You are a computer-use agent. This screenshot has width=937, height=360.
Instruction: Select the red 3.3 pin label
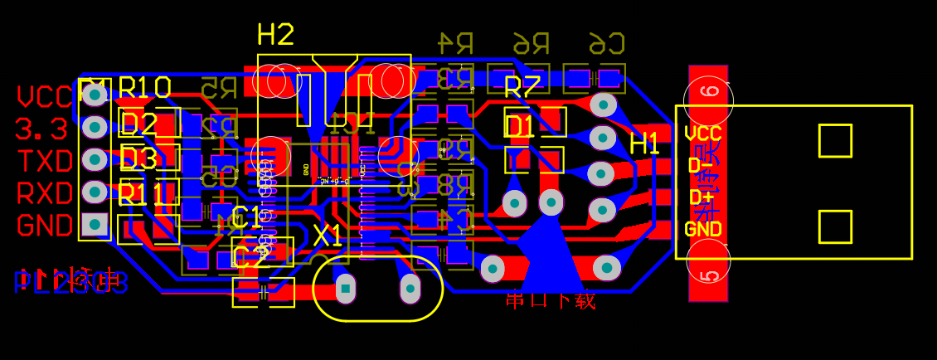click(41, 129)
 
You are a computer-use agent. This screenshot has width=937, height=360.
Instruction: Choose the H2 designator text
click(275, 35)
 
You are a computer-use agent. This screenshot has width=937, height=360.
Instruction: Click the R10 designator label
click(145, 87)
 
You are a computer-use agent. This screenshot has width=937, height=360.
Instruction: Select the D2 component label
click(138, 124)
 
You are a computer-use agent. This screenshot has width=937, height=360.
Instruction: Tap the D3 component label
click(138, 158)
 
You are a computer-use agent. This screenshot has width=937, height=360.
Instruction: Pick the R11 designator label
click(141, 194)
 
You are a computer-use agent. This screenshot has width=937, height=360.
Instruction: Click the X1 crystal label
click(328, 236)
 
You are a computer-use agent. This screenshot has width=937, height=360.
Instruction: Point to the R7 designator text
click(522, 86)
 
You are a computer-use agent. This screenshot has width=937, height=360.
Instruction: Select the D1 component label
click(520, 126)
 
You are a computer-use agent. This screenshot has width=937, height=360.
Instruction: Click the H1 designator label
click(644, 144)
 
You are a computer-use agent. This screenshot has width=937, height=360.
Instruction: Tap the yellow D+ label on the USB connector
click(701, 197)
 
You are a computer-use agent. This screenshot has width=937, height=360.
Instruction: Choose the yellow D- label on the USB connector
click(701, 165)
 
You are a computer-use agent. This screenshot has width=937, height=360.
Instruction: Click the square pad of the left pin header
click(95, 223)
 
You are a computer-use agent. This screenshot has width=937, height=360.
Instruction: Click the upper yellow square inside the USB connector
click(835, 141)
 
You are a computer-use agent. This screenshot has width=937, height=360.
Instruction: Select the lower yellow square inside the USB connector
click(835, 226)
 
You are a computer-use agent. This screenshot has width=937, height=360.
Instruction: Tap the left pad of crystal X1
click(346, 288)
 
